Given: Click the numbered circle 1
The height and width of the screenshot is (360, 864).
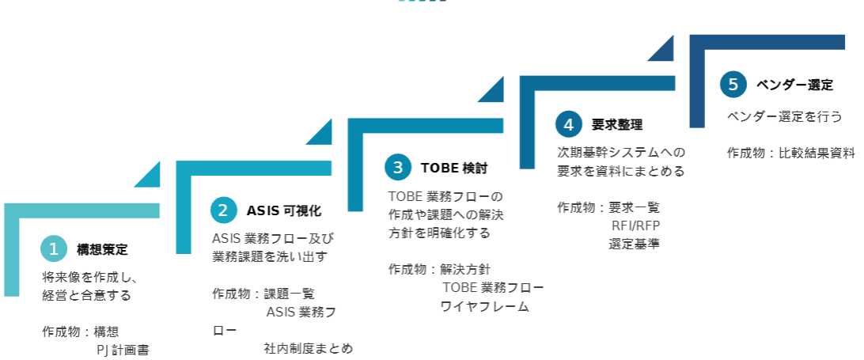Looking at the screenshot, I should pos(54,249).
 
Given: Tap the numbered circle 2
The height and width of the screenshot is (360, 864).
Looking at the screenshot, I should pos(224,210).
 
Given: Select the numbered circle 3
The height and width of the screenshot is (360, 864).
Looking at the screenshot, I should pos(398,167).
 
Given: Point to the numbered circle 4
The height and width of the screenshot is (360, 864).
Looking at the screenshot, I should pos(568,124).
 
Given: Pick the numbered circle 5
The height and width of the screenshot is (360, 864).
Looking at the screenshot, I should pos(733,84).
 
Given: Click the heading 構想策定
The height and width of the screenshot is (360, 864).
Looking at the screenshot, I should pos(102,250).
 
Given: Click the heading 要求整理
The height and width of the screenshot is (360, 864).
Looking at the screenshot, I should pos(617,125).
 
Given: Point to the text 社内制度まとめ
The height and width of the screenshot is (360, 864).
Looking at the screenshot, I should pos(309,348).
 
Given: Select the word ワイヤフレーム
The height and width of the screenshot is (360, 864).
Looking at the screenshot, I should pos(485,306).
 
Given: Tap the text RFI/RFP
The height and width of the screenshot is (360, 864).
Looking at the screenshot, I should pos(635,225).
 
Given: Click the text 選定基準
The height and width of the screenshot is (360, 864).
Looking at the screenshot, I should pos(635,244).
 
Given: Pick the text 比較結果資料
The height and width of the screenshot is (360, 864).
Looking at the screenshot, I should pos(817,153).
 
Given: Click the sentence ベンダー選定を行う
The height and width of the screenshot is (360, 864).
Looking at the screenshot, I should pos(784,116).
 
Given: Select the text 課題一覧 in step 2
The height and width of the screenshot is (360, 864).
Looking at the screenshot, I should pos(289,294).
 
